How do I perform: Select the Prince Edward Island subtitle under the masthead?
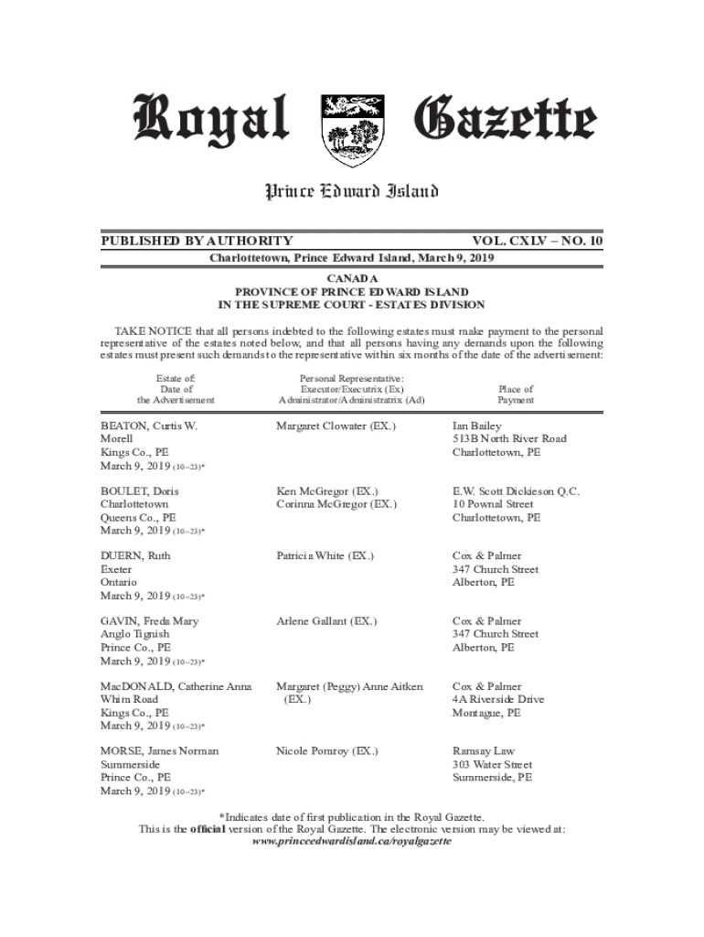352,191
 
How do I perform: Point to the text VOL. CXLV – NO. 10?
538,241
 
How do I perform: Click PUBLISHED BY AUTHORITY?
197,241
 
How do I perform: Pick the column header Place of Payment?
516,394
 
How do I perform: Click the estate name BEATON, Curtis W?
149,426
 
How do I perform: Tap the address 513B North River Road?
509,439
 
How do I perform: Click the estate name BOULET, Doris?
140,491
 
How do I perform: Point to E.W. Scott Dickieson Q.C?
517,491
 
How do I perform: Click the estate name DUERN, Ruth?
135,556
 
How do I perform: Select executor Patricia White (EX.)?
325,556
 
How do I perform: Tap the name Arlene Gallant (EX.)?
325,621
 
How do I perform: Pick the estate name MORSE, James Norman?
160,751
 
